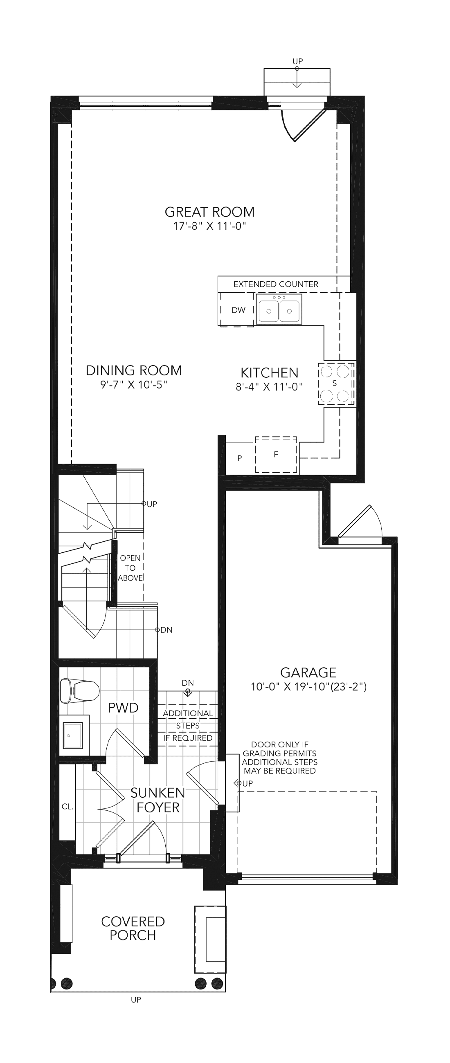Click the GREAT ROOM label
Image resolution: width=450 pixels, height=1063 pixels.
pos(210,212)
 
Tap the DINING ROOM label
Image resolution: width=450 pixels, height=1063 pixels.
pos(134,370)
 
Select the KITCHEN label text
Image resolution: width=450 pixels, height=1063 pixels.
pos(269,373)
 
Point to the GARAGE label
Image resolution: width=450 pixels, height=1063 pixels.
pos(308,673)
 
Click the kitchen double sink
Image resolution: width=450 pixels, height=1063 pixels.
pos(279,309)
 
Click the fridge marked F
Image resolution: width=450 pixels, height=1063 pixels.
pos(276,455)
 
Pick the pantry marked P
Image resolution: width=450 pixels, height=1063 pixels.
pos(239,458)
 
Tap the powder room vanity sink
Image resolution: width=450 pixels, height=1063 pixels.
pos(75,736)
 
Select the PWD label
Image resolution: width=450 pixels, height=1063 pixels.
pos(123,708)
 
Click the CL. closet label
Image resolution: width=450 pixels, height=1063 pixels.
pos(67,807)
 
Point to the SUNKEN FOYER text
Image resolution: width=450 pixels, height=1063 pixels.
pos(158,800)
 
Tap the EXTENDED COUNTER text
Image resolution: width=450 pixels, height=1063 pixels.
pos(276,284)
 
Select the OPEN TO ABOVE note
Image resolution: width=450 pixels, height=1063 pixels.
pos(130,568)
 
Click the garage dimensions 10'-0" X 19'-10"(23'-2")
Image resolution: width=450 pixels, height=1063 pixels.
pos(309,687)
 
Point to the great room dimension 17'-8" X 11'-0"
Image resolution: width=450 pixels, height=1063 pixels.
pos(210,226)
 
